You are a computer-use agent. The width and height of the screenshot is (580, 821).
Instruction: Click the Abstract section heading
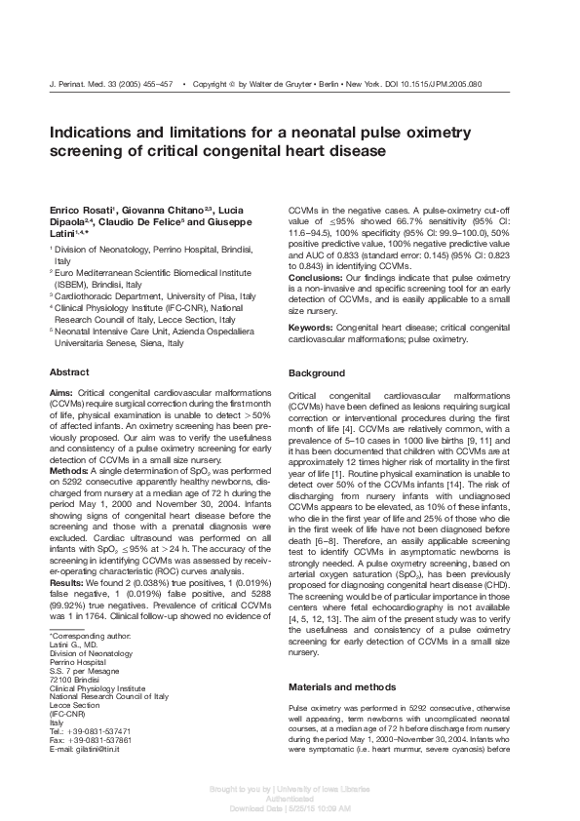click(69, 372)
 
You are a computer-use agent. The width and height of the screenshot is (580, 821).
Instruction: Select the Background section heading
click(317, 373)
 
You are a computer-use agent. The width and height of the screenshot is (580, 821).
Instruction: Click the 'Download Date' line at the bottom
click(290, 808)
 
